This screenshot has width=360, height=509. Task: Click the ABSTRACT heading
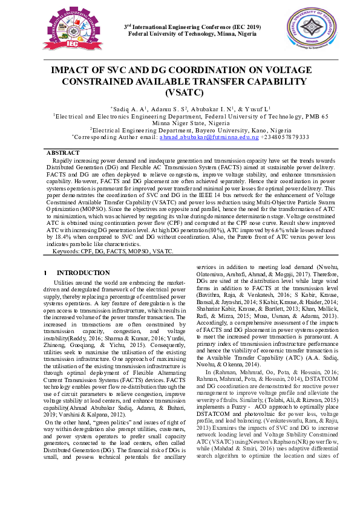click(x=63, y=153)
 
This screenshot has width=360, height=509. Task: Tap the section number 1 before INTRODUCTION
click(x=45, y=273)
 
